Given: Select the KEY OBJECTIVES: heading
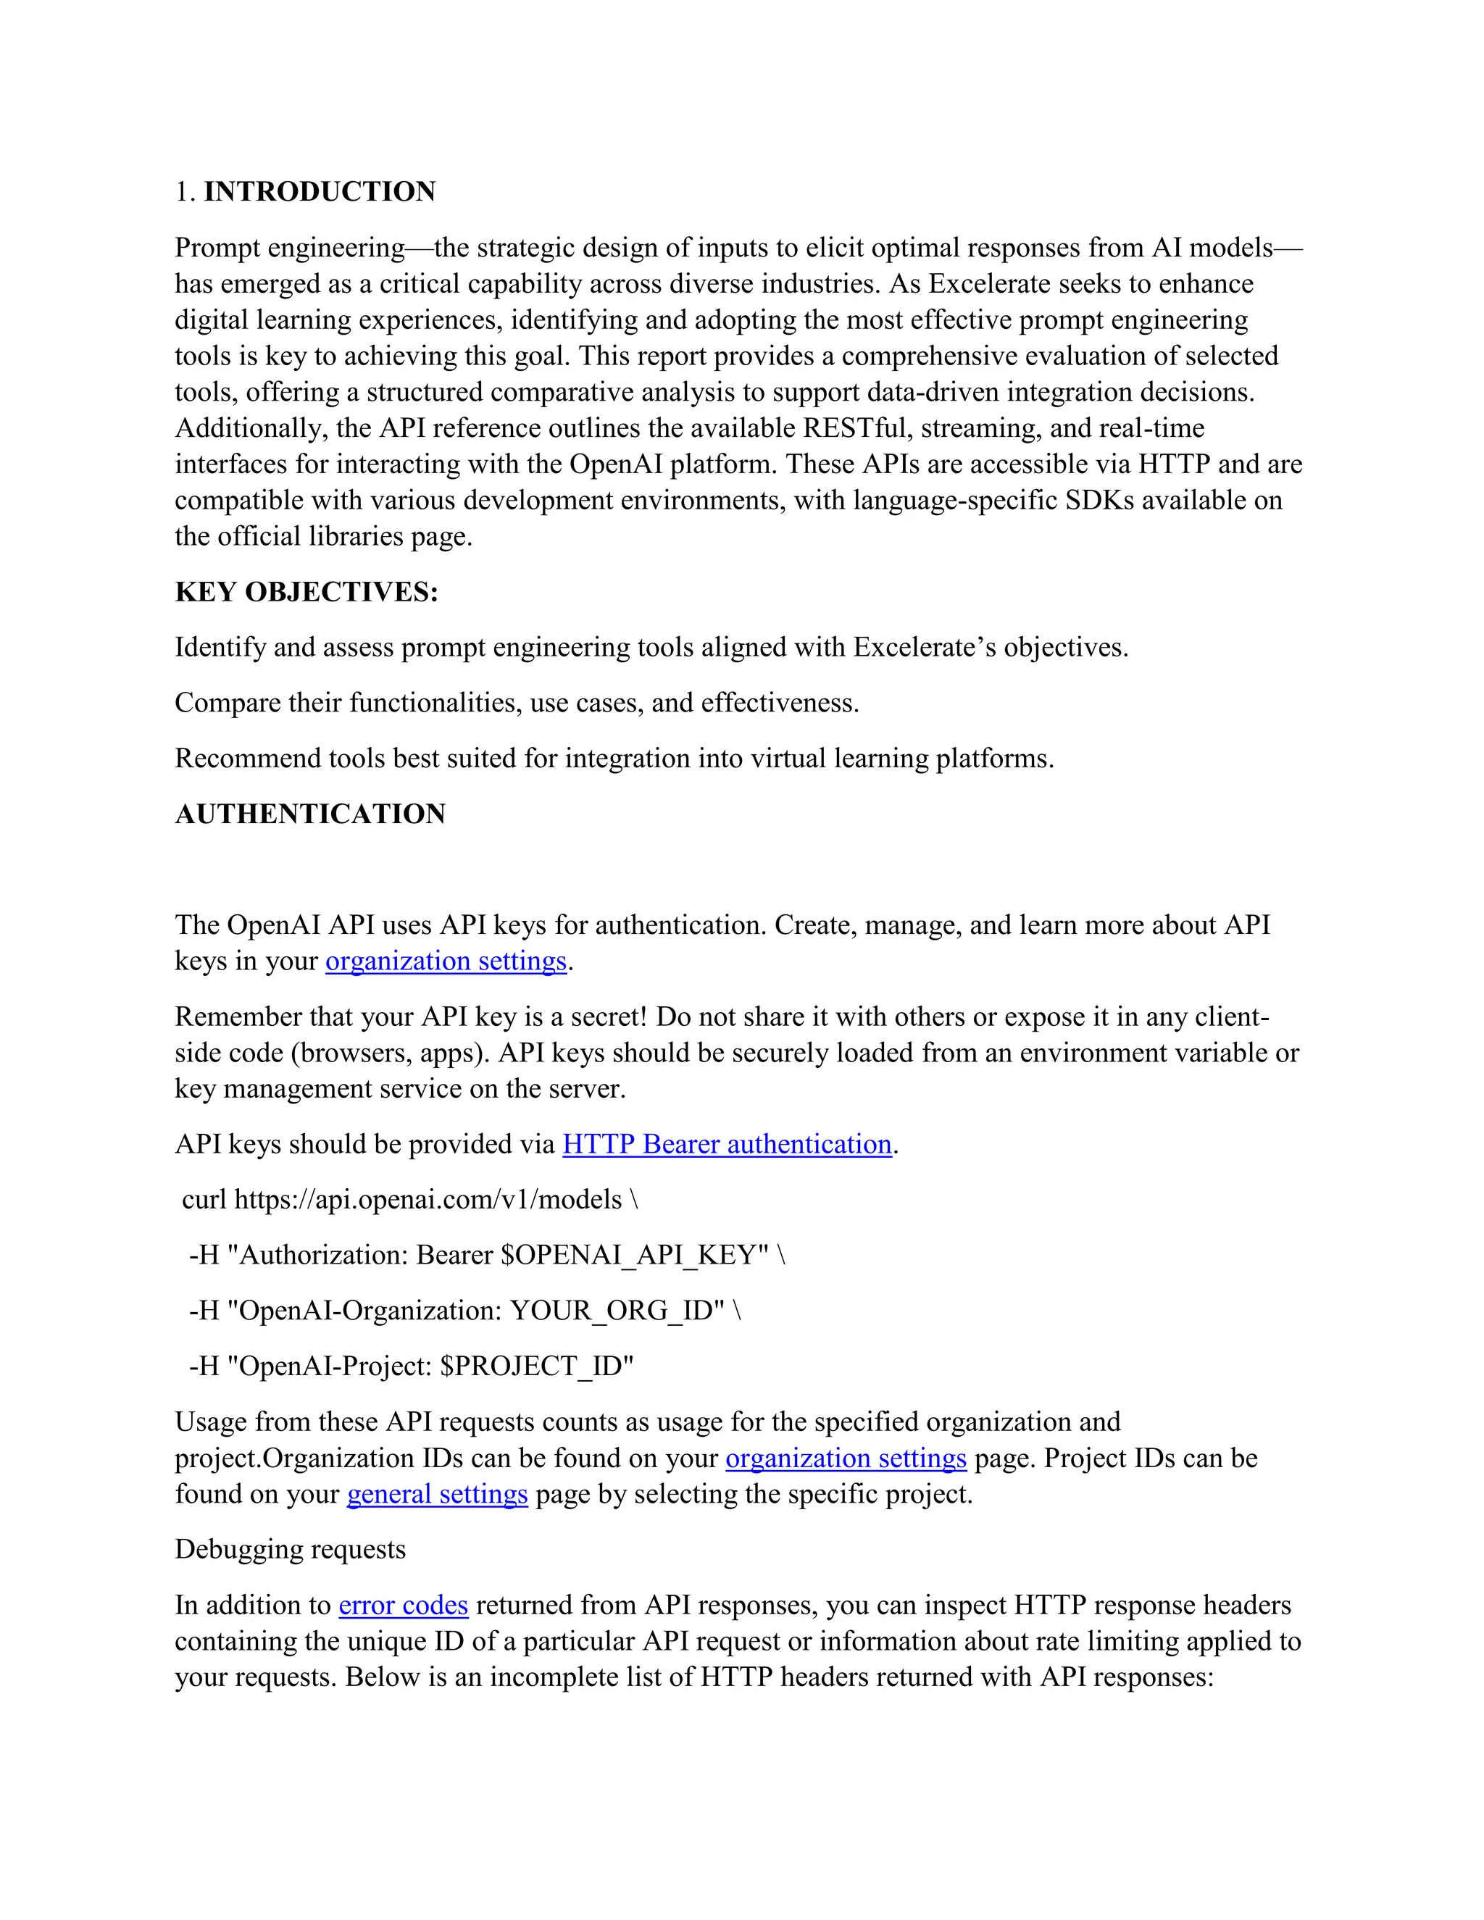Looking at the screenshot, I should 306,592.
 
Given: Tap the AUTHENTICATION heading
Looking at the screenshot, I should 309,814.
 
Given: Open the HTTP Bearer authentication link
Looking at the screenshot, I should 726,1144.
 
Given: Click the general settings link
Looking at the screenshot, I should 437,1494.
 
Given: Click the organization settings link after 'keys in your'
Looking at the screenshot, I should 446,961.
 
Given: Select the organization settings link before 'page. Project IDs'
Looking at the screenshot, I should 845,1458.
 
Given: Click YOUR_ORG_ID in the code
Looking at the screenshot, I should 617,1310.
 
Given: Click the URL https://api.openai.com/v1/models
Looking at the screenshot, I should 428,1199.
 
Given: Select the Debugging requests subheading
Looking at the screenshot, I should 290,1549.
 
